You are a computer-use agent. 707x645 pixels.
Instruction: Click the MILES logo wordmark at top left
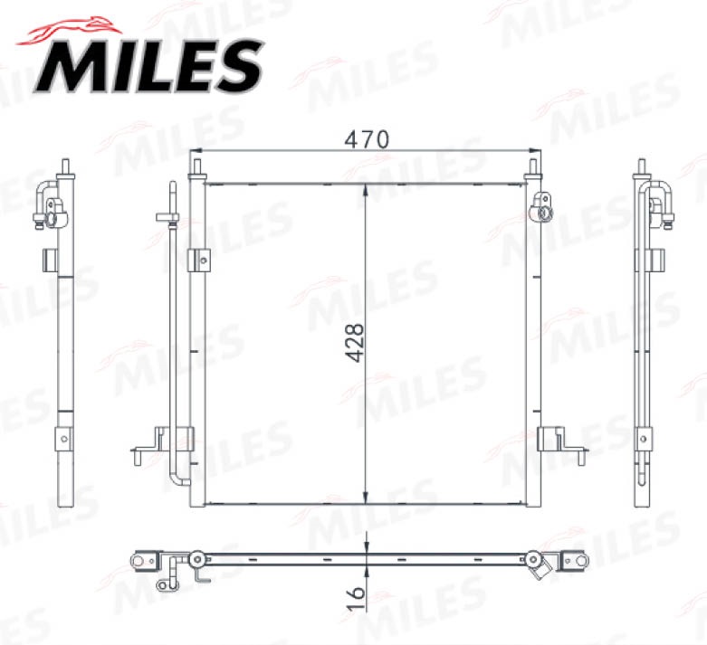coord(148,66)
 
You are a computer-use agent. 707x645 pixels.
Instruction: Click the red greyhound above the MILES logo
coord(70,31)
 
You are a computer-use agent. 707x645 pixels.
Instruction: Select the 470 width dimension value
coord(366,139)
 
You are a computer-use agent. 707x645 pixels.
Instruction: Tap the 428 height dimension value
coord(354,343)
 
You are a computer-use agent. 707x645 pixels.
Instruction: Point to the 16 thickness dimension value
coord(356,598)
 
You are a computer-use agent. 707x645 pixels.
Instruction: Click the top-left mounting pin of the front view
coord(197,167)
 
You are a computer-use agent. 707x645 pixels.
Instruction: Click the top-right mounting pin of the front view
coord(533,167)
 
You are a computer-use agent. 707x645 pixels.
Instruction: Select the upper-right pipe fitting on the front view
coord(542,206)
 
